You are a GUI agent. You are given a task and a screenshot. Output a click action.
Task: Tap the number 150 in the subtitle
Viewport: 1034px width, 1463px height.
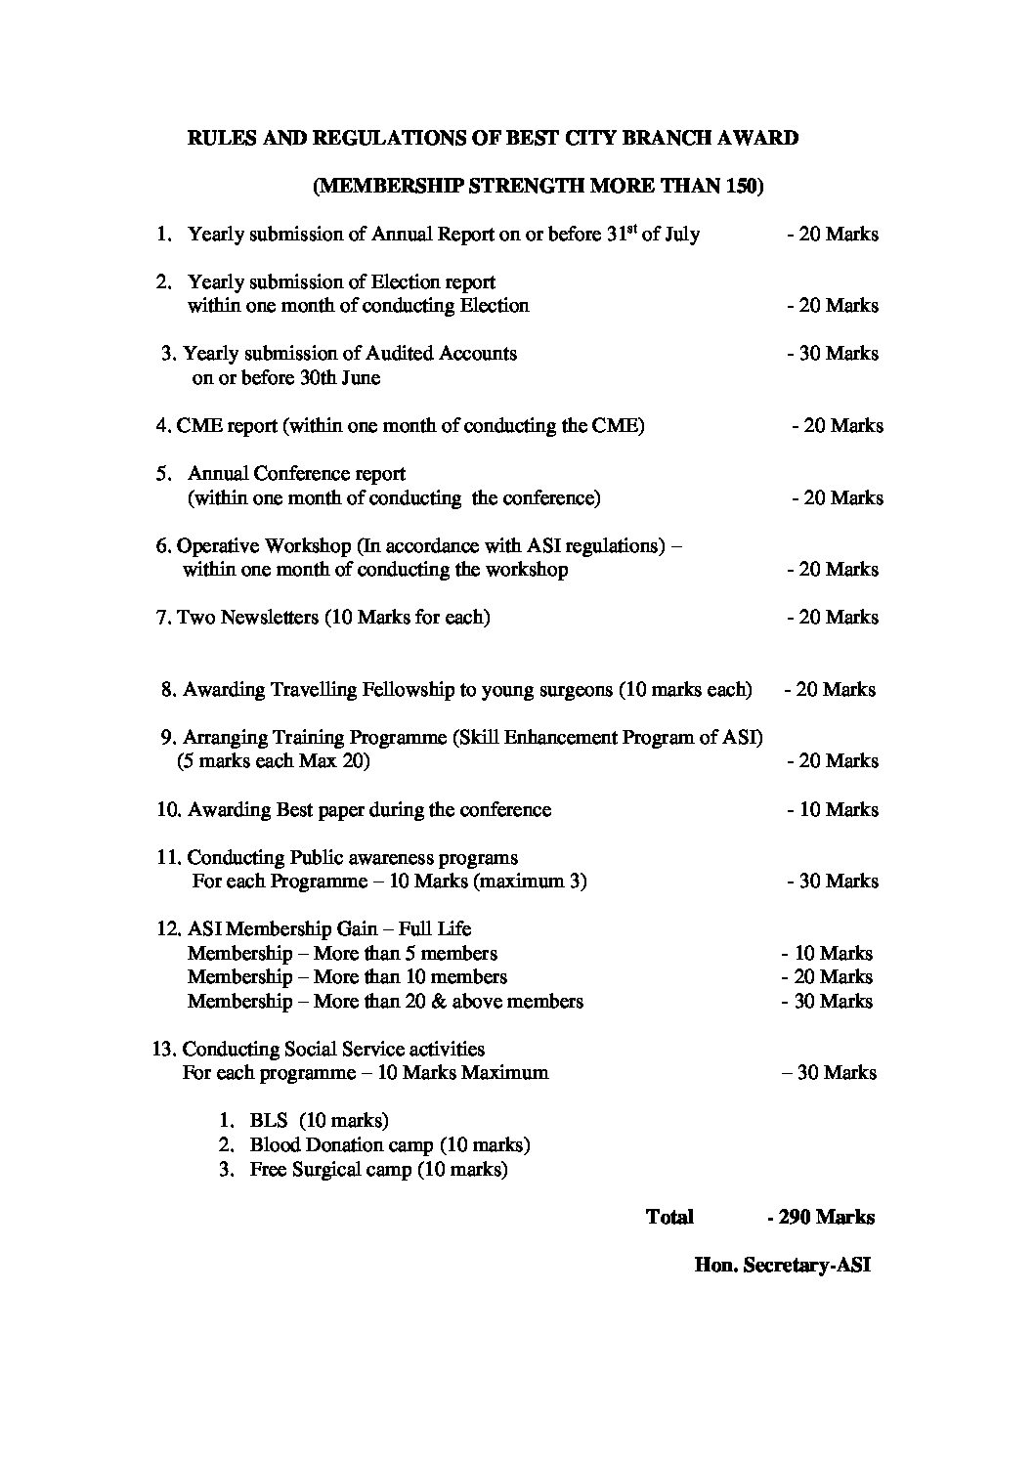(x=739, y=187)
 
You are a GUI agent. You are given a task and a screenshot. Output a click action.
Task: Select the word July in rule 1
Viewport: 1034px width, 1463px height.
(x=682, y=235)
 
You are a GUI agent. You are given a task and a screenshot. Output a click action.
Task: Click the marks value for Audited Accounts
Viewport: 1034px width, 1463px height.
(x=833, y=354)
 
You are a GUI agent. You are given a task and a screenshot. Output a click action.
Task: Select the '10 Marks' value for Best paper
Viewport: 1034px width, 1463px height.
(x=838, y=810)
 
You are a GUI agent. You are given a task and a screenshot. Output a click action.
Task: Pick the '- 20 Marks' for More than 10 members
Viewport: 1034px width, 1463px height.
(x=827, y=977)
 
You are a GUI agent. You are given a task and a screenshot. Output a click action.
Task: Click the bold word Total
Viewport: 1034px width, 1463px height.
(x=669, y=1218)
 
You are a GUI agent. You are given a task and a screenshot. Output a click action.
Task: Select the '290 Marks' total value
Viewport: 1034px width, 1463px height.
(x=826, y=1218)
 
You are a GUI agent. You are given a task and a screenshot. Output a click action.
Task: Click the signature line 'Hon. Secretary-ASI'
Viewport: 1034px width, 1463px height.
(x=781, y=1266)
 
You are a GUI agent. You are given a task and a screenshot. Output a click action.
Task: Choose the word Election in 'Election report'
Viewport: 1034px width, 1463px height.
(x=405, y=282)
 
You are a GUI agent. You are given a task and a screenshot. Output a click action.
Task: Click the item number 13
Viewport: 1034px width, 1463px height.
(x=163, y=1050)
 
